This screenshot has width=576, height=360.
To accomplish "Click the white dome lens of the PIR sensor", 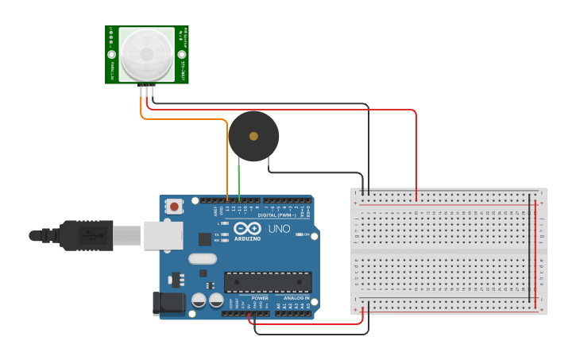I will point(147,53).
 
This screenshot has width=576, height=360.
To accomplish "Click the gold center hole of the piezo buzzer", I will point(253,136).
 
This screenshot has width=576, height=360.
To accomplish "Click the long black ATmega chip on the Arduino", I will point(267,282).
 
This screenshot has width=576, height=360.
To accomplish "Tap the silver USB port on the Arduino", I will point(163,235).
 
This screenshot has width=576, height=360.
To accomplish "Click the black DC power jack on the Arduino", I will point(168,303).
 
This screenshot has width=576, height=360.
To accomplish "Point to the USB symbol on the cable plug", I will point(94,235).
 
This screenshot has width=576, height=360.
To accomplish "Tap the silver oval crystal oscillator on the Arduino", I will point(203,258).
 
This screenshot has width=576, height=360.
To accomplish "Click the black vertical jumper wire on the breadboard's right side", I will point(530,246).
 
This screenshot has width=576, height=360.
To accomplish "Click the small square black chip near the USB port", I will point(205,238).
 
